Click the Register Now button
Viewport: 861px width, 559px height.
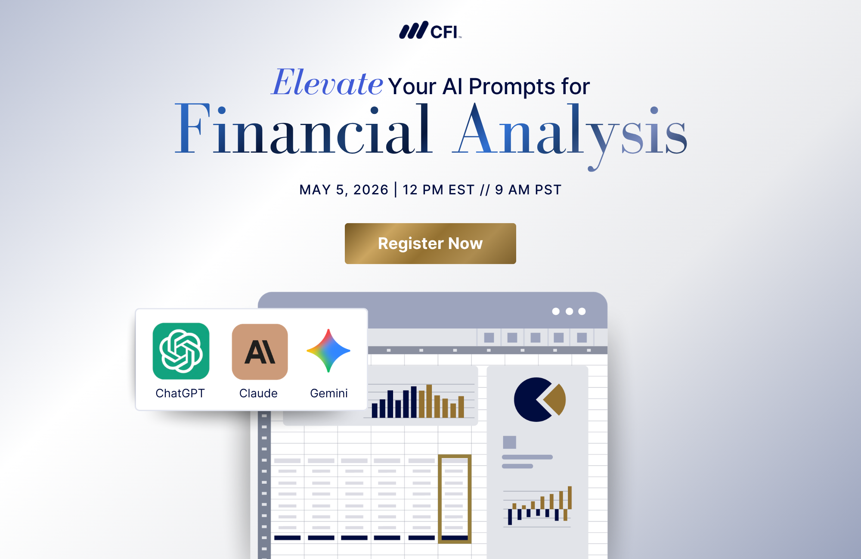point(430,243)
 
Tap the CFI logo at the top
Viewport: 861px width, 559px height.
point(430,31)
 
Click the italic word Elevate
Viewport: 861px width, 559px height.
point(327,83)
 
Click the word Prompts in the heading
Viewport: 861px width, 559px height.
point(512,87)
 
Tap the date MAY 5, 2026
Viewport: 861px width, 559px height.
point(344,190)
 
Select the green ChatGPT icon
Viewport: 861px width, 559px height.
point(181,351)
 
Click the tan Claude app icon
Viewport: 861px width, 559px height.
point(260,351)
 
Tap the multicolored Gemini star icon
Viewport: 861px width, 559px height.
point(328,350)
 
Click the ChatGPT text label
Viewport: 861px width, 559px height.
point(180,393)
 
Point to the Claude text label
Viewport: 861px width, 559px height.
point(258,393)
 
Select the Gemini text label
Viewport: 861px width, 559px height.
point(329,393)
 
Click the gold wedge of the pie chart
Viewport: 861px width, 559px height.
point(557,399)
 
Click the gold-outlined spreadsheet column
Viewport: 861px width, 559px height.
point(455,499)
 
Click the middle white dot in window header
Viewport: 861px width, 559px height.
point(569,311)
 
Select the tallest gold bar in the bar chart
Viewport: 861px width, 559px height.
point(429,401)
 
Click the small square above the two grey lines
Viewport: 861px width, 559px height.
point(509,442)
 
